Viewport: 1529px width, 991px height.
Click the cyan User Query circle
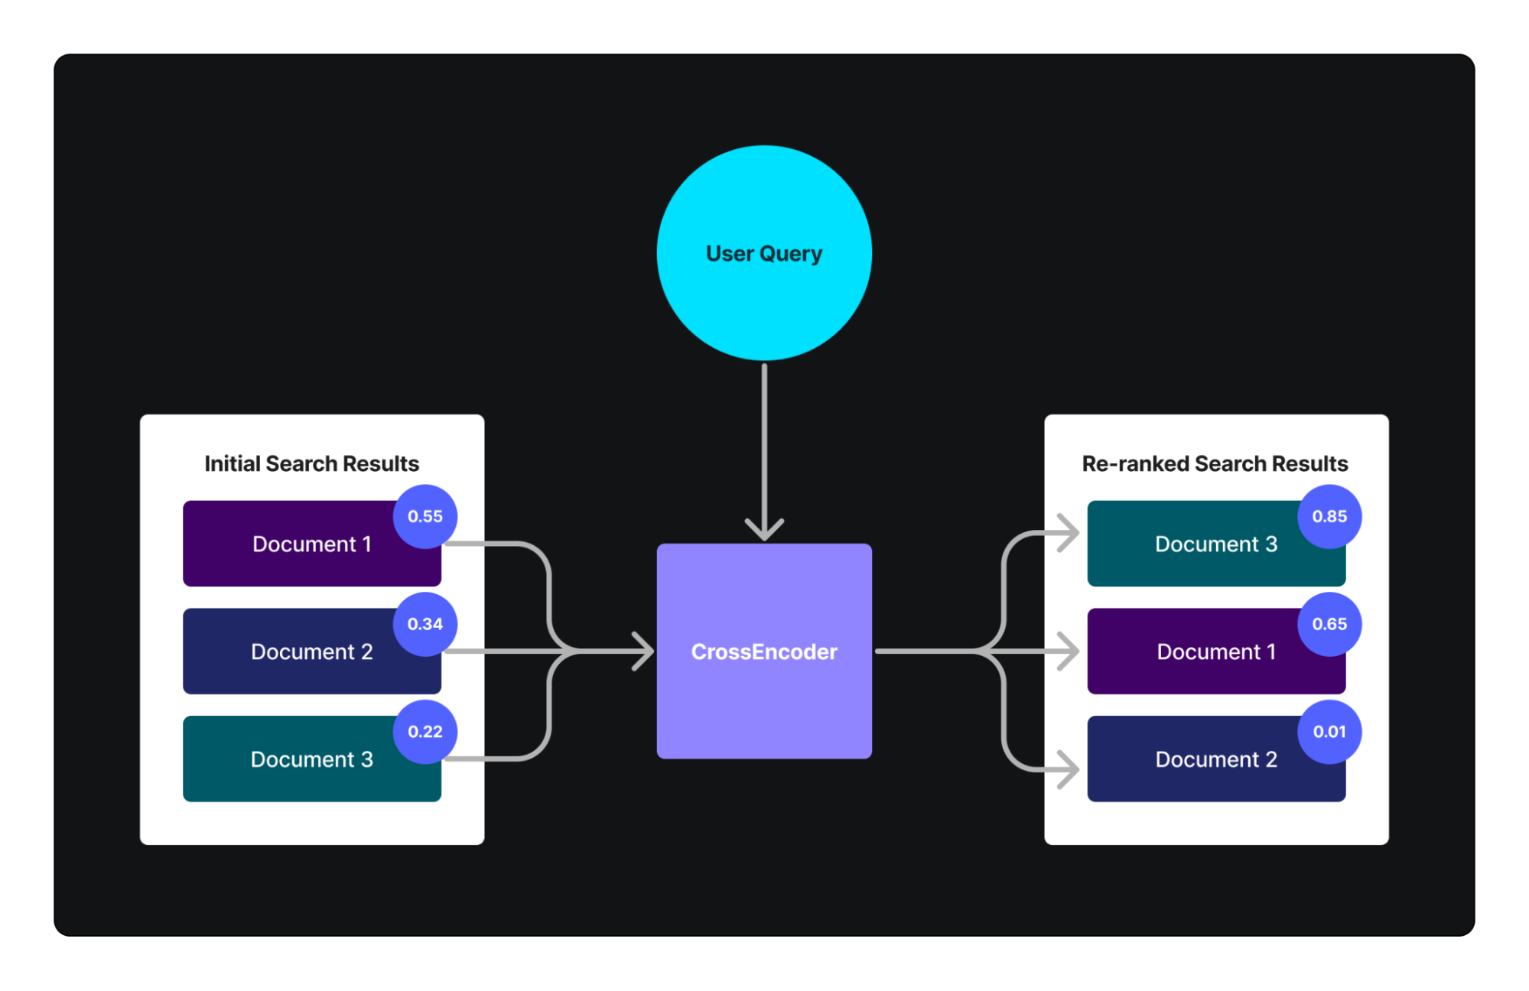pyautogui.click(x=763, y=252)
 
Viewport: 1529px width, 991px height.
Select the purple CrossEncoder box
pyautogui.click(x=763, y=651)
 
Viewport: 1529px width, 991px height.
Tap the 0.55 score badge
pyautogui.click(x=425, y=516)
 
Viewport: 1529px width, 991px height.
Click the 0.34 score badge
pyautogui.click(x=425, y=624)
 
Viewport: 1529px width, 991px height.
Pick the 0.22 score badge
pyautogui.click(x=425, y=732)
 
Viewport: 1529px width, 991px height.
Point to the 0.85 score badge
pyautogui.click(x=1329, y=516)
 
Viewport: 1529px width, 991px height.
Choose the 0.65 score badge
pyautogui.click(x=1329, y=624)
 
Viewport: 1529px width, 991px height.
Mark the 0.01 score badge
pyautogui.click(x=1329, y=732)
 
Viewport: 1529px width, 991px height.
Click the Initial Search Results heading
pyautogui.click(x=311, y=463)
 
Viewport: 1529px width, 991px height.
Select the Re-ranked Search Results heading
pyautogui.click(x=1215, y=463)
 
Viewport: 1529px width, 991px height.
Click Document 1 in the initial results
pyautogui.click(x=311, y=544)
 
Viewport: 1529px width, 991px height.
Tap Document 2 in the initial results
pyautogui.click(x=311, y=651)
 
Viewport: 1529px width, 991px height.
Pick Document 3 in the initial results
pyautogui.click(x=311, y=759)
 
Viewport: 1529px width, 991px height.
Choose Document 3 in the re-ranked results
pyautogui.click(x=1216, y=544)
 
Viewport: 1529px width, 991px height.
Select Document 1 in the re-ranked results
pyautogui.click(x=1216, y=651)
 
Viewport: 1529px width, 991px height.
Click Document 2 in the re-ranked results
pyautogui.click(x=1216, y=759)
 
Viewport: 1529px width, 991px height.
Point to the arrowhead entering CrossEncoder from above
pyautogui.click(x=764, y=530)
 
